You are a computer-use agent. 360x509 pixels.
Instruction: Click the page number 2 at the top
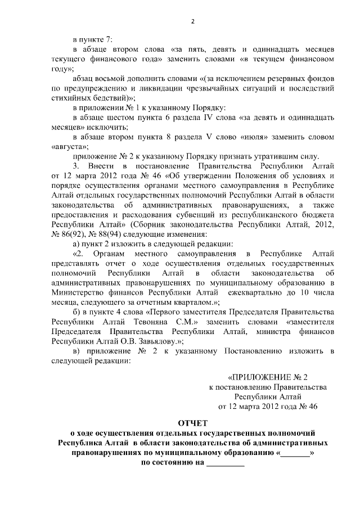[x=192, y=22]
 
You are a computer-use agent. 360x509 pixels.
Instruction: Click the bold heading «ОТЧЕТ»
[x=192, y=422]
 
